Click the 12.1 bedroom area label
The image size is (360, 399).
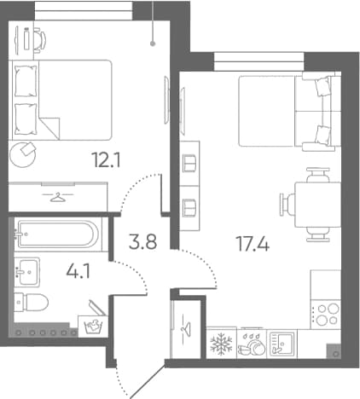coord(106,159)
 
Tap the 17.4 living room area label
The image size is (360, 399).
coord(253,244)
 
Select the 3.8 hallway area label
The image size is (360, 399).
coord(142,242)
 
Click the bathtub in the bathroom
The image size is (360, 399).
coord(58,234)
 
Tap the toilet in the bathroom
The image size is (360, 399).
coord(32,302)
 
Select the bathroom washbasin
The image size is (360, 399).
coord(26,271)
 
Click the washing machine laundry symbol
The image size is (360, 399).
coord(93,327)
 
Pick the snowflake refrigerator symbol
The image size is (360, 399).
coord(221,344)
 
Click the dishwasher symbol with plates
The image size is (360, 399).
coord(252,344)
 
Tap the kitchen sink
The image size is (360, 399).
coord(282,344)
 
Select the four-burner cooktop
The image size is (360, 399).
coord(326,314)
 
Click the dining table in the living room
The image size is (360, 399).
coord(317,205)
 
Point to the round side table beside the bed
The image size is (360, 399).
coord(23,155)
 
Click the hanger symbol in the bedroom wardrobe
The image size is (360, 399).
coord(58,197)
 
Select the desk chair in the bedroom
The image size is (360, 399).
coord(40,40)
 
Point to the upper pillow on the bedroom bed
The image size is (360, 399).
coord(26,81)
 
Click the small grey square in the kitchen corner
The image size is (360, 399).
coord(334,351)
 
